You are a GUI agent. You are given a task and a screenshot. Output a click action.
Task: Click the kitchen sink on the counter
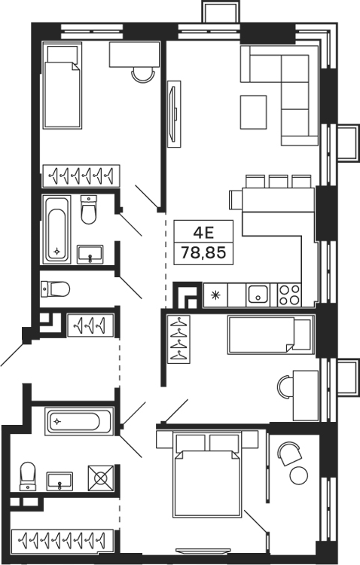(258, 294)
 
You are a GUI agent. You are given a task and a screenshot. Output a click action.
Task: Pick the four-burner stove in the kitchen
(289, 294)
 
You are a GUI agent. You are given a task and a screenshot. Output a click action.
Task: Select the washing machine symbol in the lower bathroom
(101, 478)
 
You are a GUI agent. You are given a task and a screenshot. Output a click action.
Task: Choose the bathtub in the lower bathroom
(78, 420)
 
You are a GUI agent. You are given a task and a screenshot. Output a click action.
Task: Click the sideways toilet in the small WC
(54, 288)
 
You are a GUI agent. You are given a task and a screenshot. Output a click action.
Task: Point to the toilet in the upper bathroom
(88, 210)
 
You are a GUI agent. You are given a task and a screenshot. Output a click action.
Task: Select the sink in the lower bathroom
(59, 479)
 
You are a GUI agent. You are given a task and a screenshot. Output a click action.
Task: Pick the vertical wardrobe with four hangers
(178, 340)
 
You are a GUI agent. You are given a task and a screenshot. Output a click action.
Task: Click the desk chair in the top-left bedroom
(141, 73)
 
